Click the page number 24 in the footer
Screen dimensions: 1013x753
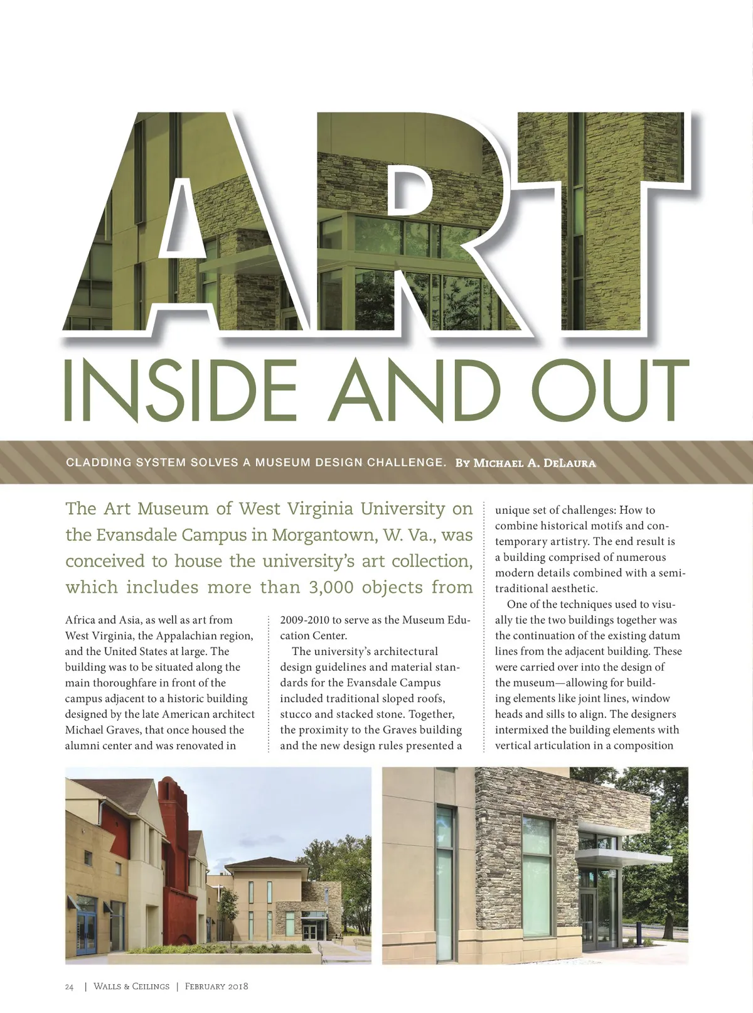69,987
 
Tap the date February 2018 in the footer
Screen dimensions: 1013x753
216,987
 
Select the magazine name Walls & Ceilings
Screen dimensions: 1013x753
131,987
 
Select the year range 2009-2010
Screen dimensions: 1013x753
304,620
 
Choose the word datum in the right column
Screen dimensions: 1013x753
665,636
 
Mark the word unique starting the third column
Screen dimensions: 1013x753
512,510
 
